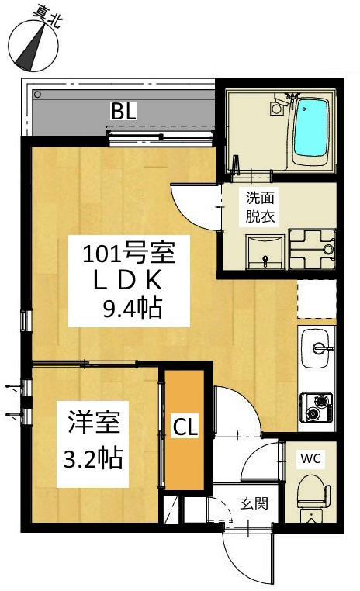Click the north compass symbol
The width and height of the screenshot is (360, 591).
pos(33,44)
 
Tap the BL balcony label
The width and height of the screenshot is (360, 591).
pos(123,111)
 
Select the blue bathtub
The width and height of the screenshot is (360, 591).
pos(310,128)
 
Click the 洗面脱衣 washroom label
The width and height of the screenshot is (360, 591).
pos(259,207)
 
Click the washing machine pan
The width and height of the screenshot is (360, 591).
pos(312,249)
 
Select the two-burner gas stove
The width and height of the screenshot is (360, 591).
pos(316,407)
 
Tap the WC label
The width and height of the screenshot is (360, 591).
pos(310,458)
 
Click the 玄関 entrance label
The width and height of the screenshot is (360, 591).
pos(254,503)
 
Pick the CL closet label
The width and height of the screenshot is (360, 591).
pos(185,427)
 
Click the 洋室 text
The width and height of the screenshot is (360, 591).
pos(94,422)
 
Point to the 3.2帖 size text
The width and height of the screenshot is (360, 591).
pos(93,458)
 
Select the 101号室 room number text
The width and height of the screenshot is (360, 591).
pos(129,253)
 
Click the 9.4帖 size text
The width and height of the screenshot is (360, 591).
pos(133,308)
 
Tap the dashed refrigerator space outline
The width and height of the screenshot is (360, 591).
pos(317,299)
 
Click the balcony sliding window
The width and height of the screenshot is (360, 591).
pos(160,138)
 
